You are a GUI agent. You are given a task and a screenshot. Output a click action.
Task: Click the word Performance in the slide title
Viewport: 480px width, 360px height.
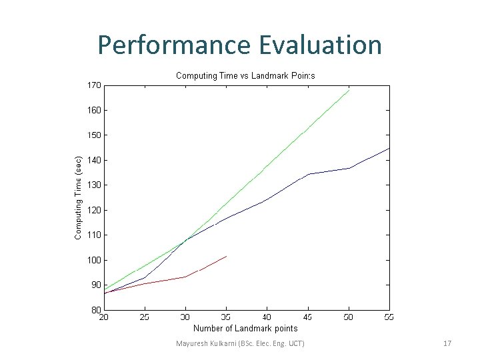coord(173,45)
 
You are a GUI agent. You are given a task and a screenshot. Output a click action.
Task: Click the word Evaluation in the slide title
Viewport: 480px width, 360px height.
coord(319,45)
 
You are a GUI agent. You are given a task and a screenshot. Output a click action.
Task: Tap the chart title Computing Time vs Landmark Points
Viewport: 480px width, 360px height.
coord(245,75)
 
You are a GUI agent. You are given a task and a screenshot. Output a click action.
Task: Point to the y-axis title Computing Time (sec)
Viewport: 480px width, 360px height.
coord(79,197)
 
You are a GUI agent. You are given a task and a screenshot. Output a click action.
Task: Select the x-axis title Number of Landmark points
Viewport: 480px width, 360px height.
coord(245,328)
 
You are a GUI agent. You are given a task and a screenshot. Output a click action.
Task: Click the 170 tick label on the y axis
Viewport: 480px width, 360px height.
coord(93,85)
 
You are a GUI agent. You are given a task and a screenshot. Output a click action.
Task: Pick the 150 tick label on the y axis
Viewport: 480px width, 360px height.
coord(93,135)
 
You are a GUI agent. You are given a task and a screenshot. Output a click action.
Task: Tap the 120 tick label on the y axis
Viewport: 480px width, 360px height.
coord(93,210)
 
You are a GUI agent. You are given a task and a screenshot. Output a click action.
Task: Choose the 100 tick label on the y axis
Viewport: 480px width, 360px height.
coord(93,260)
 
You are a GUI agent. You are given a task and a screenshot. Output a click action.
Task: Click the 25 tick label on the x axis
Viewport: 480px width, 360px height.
coord(145,317)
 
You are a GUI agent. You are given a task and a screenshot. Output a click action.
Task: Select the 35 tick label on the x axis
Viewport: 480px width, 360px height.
coord(226,317)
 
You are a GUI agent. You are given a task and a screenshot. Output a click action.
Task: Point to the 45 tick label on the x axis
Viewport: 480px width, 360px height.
coord(307,317)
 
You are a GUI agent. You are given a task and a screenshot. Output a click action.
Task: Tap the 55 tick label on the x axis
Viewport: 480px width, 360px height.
coord(389,317)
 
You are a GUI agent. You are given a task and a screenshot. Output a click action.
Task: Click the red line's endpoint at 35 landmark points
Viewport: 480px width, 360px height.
coord(227,256)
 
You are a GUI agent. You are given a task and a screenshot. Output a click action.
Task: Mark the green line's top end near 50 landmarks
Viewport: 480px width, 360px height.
coord(349,90)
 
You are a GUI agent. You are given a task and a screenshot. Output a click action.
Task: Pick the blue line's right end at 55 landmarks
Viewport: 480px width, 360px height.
coord(389,148)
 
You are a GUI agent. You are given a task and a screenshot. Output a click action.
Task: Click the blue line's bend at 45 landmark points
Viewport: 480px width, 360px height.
coord(308,175)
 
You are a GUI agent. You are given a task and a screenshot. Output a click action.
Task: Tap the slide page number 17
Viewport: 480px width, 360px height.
coord(447,343)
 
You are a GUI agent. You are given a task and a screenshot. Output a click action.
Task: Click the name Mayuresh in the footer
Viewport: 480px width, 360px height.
coord(191,343)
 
